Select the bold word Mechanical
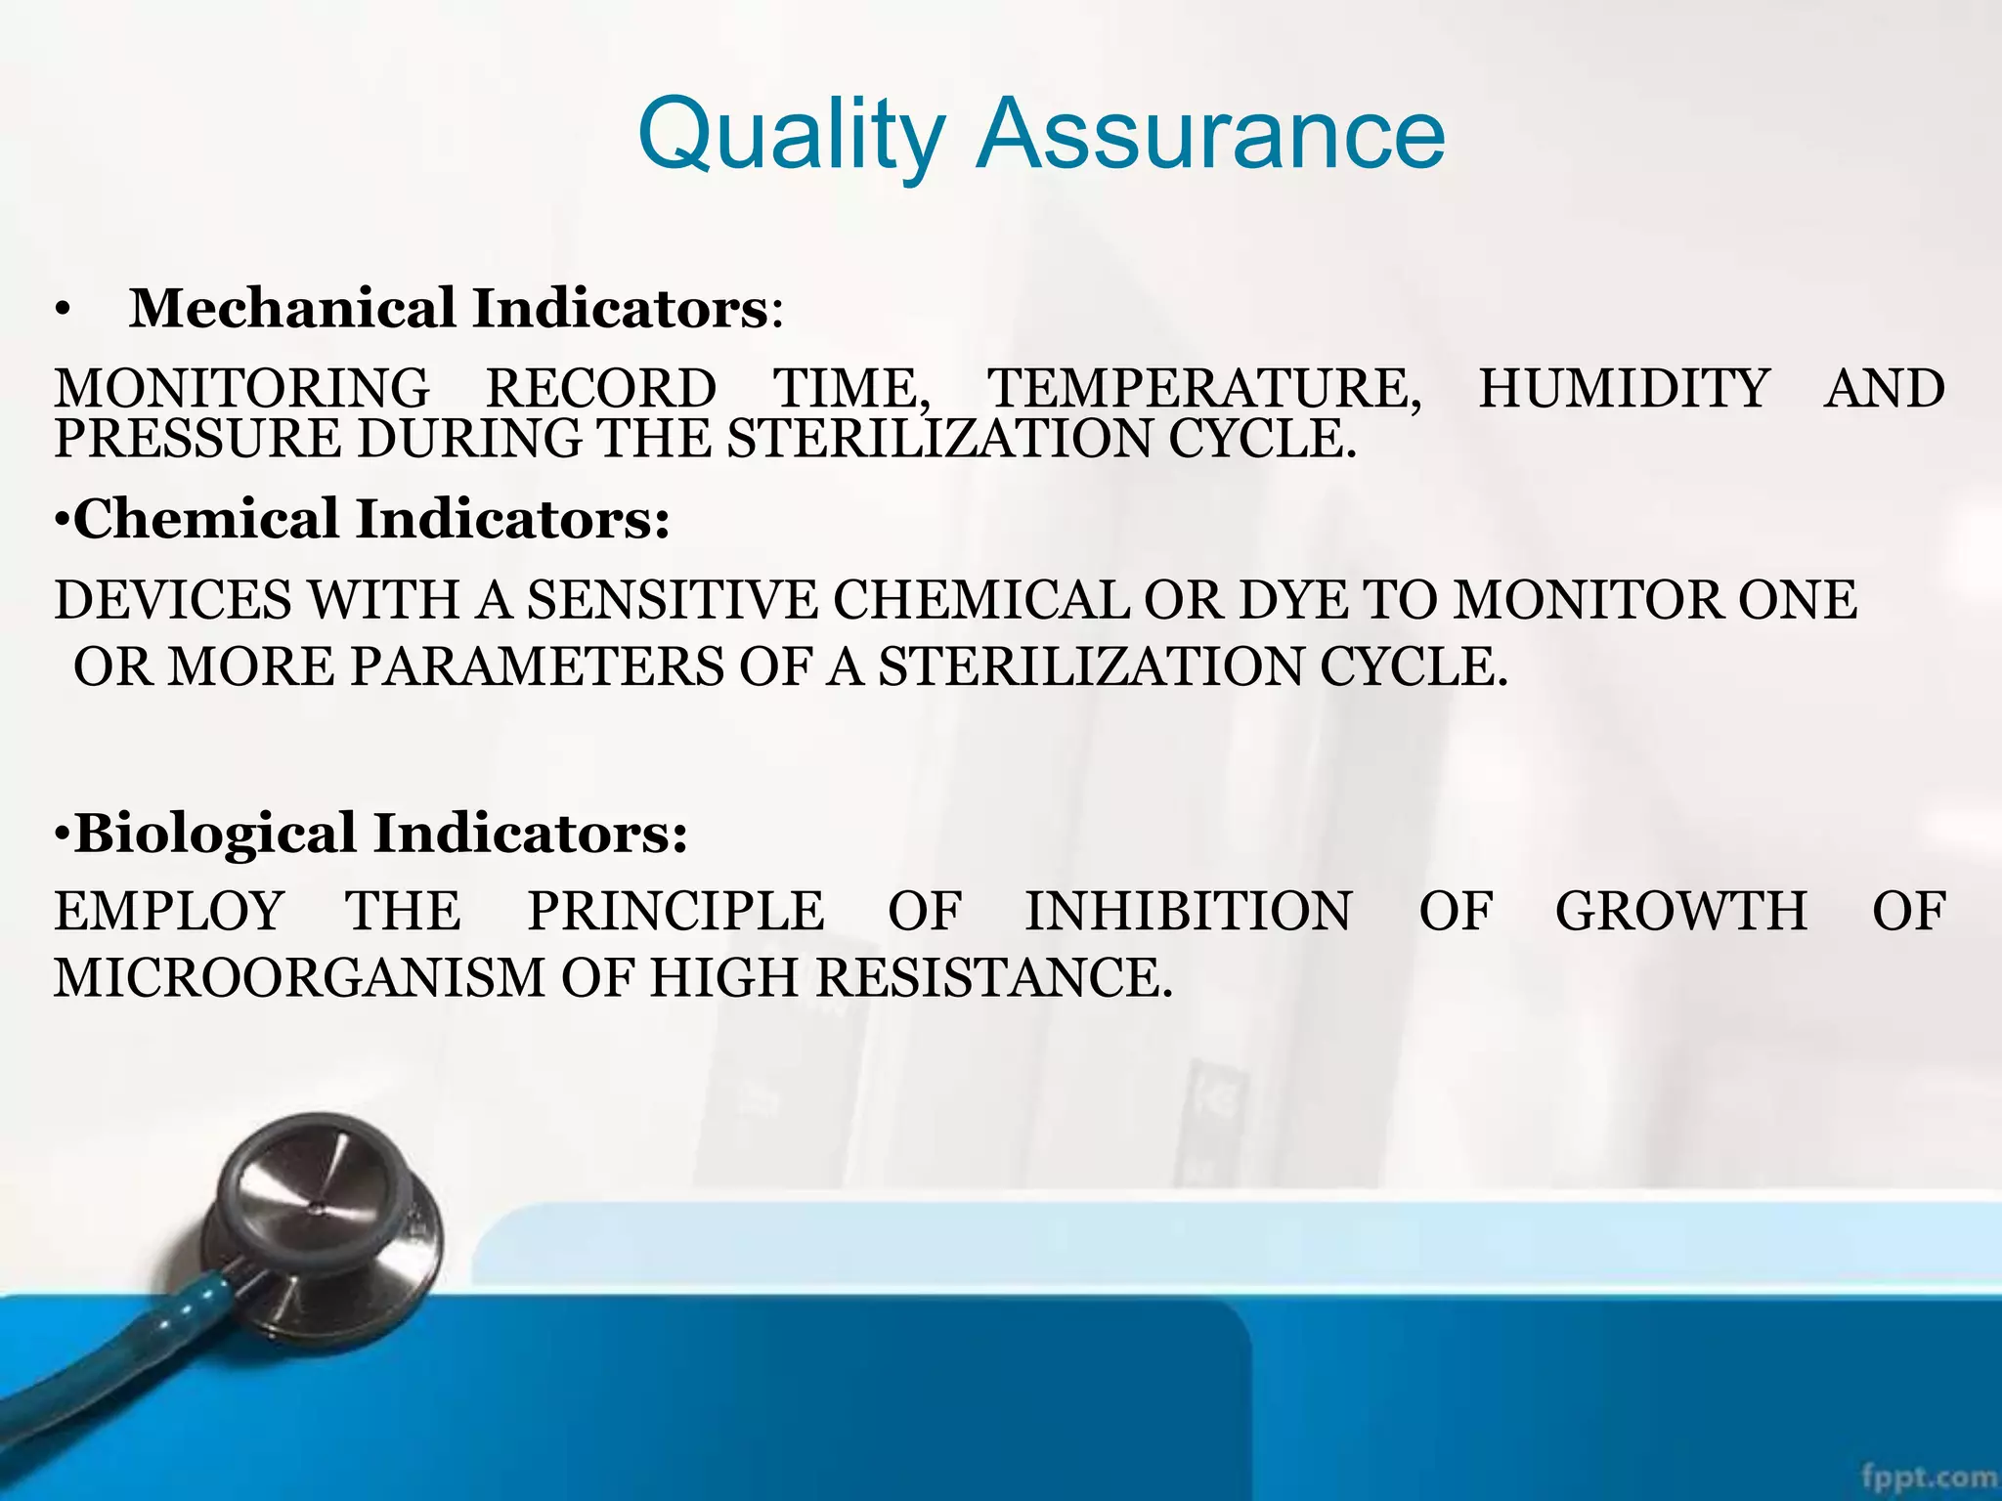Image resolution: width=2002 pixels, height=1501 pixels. tap(292, 309)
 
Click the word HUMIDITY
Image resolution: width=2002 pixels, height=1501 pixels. tap(1624, 388)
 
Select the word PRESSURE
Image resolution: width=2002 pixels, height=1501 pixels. tap(196, 439)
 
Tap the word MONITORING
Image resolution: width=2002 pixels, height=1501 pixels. tap(241, 388)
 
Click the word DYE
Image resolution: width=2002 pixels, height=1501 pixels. tap(1292, 600)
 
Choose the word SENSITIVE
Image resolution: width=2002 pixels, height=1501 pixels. tap(672, 600)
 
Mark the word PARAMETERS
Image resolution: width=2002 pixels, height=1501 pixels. tap(537, 667)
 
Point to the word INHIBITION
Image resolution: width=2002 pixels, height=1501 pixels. tap(1188, 911)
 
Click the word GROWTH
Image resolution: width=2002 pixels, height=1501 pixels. tap(1681, 911)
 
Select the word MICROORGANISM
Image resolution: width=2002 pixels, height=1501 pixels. tap(299, 977)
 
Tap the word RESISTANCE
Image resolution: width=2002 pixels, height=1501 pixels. tap(992, 977)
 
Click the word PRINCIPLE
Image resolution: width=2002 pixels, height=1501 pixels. tap(675, 911)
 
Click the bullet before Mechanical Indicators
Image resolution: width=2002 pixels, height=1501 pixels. tap(64, 312)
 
